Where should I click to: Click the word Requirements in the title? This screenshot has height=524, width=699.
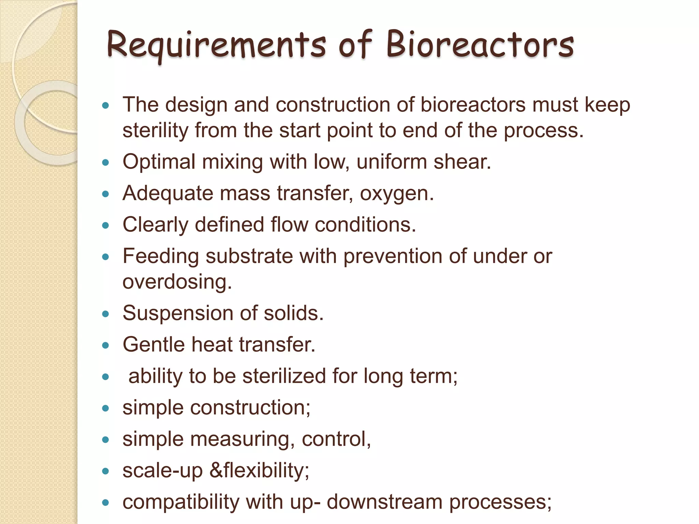(x=216, y=45)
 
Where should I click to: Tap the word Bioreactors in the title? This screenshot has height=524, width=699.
(x=480, y=45)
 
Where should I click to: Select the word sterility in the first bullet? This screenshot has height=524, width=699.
(x=155, y=130)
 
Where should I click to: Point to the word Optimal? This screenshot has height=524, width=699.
(x=159, y=162)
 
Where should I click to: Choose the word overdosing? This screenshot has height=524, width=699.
(x=177, y=282)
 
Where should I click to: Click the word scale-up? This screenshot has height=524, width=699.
(x=162, y=471)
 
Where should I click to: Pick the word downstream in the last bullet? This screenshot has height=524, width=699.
(x=384, y=502)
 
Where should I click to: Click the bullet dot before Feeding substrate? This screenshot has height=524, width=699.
(x=105, y=257)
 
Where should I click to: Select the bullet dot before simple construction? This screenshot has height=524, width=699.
(x=105, y=408)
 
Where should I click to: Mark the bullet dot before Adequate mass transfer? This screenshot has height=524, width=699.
(x=105, y=194)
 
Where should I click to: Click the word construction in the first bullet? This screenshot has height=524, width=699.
(x=333, y=105)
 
